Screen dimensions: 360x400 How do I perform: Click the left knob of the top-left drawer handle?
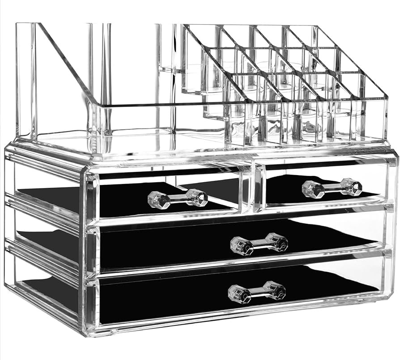pyautogui.click(x=157, y=200)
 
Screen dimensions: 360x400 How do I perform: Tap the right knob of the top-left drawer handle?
pyautogui.click(x=197, y=197)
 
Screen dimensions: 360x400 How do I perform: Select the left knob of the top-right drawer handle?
pyautogui.click(x=311, y=189)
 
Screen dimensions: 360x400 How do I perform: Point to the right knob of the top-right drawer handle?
pyautogui.click(x=352, y=187)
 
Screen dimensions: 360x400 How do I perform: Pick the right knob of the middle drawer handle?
pyautogui.click(x=278, y=242)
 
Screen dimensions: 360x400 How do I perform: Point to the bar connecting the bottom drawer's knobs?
pyautogui.click(x=256, y=292)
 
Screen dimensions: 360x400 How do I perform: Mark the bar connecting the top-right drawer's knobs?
pyautogui.click(x=332, y=188)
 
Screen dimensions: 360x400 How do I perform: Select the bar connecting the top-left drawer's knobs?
pyautogui.click(x=177, y=199)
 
